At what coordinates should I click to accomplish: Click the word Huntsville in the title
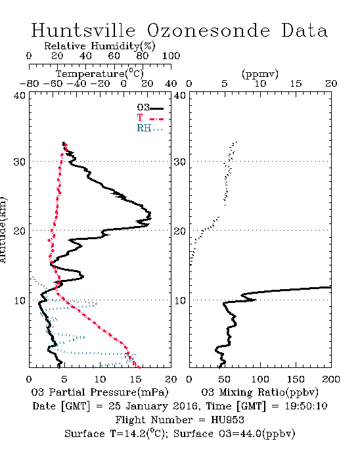pos(83,30)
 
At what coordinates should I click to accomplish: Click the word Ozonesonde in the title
pos(208,30)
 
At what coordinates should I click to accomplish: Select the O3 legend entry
pos(150,108)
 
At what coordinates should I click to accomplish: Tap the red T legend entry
pos(150,118)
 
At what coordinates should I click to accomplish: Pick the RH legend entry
pos(150,128)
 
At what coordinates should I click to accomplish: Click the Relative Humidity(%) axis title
pos(100,46)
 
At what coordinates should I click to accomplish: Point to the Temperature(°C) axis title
pos(100,74)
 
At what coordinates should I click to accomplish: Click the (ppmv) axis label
pos(260,74)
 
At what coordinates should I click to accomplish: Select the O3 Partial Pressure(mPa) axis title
pos(100,392)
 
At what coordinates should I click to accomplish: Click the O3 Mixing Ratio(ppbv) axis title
pos(259,392)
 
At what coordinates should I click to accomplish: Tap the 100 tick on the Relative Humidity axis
pos(171,55)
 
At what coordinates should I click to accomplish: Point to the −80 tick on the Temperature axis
pos(29,83)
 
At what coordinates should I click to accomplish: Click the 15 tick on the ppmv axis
pos(296,83)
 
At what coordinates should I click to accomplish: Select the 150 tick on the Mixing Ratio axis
pos(296,379)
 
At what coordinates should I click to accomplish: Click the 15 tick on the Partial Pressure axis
pos(135,379)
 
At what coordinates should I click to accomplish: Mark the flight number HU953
pos(227,420)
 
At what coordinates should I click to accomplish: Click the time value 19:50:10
pos(306,406)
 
